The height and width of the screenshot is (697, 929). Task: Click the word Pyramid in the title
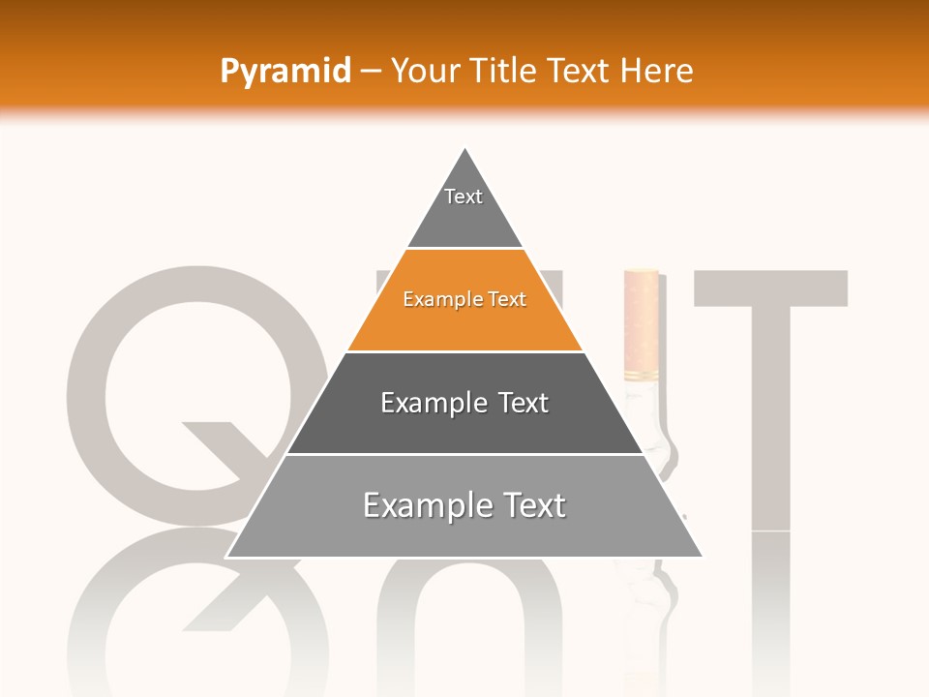(x=285, y=71)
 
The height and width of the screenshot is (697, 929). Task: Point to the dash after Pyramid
(x=371, y=72)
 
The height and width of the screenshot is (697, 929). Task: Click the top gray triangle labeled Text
(x=464, y=208)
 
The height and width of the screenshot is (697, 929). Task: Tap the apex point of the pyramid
(x=465, y=149)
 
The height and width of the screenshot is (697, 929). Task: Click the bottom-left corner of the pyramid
(x=227, y=557)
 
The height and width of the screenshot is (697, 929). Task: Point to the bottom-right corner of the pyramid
(x=702, y=557)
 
